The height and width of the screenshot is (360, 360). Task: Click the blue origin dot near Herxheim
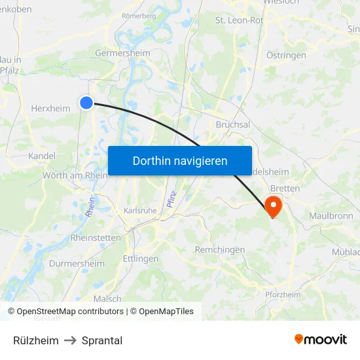coord(86,101)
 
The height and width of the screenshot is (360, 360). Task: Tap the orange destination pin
coord(272,207)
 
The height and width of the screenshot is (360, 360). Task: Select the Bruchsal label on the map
coord(233,124)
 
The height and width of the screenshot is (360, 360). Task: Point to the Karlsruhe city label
coord(140,211)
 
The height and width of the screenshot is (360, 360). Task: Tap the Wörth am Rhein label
coord(75,175)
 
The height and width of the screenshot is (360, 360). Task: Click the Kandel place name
coord(42,156)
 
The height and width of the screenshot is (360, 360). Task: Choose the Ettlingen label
coord(141,259)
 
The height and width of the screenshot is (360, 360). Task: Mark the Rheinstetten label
coord(96,238)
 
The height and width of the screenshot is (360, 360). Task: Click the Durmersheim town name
coord(77,264)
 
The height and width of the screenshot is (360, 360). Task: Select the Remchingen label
coord(220,249)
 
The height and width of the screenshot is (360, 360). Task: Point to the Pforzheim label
coord(283,295)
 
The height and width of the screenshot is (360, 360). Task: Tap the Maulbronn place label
coord(331,215)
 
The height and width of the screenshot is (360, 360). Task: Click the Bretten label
coord(285,189)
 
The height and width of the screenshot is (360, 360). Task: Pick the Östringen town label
coord(286,55)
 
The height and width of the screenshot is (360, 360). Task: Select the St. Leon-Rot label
coord(239,20)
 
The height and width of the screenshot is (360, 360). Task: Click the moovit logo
coord(320,339)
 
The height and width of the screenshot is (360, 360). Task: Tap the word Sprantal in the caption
coord(102,340)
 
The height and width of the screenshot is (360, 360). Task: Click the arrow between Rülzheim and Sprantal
coord(70,340)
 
